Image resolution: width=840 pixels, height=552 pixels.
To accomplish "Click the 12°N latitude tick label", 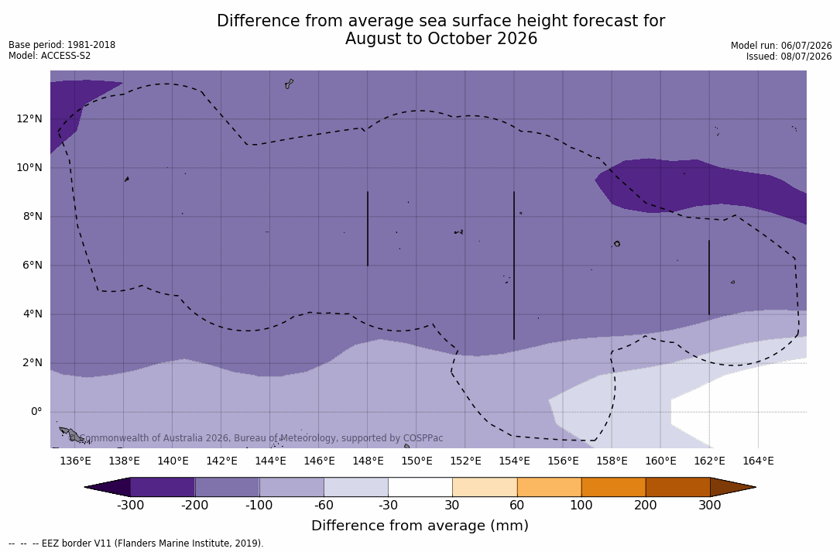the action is point(29,118).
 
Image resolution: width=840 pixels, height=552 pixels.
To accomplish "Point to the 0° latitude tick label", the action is point(36,412).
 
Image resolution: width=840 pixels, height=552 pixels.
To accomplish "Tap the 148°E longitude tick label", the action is point(368,461).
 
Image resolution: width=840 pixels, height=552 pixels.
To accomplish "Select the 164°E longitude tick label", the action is point(758,461).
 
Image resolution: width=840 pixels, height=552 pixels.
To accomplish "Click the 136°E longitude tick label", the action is point(75,461).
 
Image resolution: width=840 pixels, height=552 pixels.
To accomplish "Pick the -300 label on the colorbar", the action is point(131,505).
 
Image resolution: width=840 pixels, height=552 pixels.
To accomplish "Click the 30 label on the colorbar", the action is point(452,505).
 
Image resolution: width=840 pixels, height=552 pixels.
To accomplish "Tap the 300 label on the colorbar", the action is point(710,505).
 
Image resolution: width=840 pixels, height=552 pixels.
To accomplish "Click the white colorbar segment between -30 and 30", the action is point(420,487).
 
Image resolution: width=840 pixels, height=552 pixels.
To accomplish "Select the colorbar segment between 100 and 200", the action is point(613,487).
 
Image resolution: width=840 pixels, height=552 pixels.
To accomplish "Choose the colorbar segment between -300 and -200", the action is point(163,487).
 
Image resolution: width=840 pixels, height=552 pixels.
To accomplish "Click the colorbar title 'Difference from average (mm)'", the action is point(420,525).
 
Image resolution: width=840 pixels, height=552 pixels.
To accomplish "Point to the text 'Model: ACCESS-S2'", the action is point(50,55).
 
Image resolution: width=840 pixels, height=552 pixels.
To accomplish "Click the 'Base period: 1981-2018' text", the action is point(62,45).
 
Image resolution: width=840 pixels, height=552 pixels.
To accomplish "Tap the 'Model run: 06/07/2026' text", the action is point(781,46).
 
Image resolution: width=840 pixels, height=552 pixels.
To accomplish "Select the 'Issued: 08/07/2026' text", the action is point(789,57).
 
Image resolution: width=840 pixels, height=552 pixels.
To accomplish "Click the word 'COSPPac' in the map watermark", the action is point(423,438).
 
